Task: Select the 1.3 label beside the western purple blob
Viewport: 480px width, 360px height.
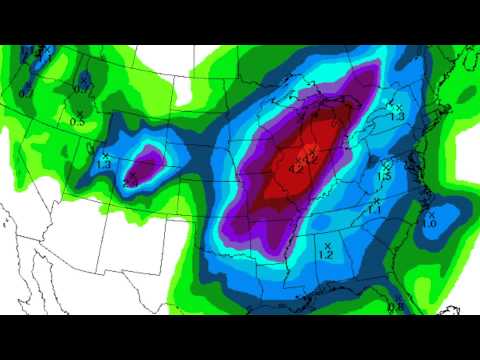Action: click(x=106, y=165)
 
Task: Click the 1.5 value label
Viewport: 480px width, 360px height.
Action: click(x=384, y=176)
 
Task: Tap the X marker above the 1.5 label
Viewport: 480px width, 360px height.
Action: click(x=386, y=166)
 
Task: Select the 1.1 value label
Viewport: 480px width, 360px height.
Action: click(x=375, y=210)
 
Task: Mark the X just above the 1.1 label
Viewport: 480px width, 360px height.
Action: click(x=375, y=201)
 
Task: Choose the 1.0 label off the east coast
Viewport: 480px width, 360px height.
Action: click(x=428, y=223)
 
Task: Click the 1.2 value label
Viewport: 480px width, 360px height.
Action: click(x=325, y=256)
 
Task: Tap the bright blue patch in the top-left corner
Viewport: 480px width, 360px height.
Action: click(x=40, y=54)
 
